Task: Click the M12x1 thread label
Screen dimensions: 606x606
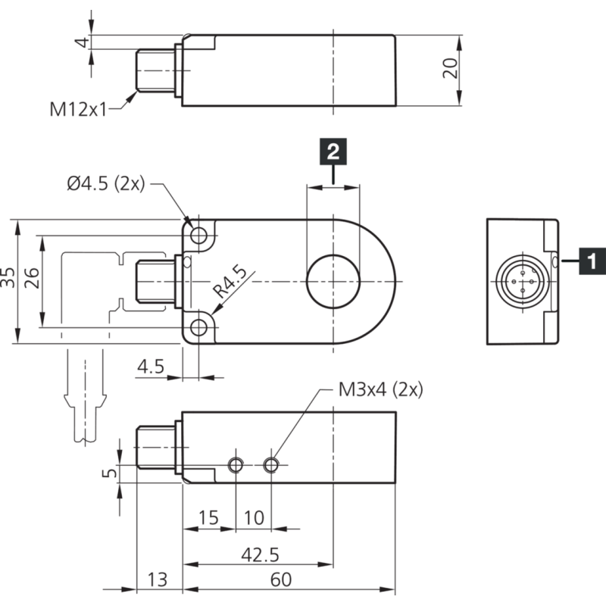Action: coord(80,109)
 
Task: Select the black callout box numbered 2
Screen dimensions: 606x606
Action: coord(333,151)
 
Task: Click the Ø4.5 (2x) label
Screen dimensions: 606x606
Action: coord(105,184)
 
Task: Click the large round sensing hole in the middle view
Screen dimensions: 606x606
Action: coord(333,282)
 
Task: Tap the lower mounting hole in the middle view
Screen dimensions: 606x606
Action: coord(199,327)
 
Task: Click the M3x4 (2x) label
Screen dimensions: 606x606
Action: coord(380,389)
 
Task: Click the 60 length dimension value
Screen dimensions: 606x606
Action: coord(280,580)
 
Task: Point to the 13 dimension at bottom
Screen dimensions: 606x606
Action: coord(158,580)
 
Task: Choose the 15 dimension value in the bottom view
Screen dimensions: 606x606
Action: coord(208,518)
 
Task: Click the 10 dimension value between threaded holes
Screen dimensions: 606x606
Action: coord(255,518)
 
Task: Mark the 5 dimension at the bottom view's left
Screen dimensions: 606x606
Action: coord(110,473)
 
